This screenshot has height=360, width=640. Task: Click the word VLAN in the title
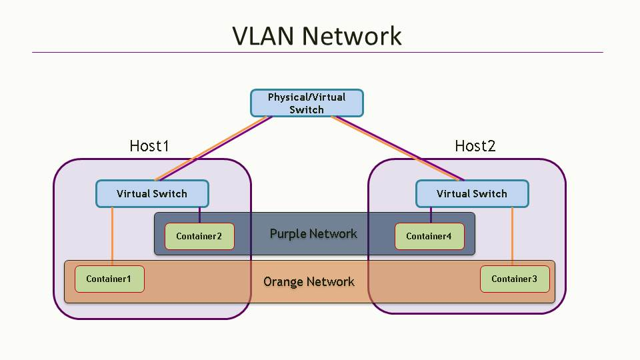pyautogui.click(x=263, y=35)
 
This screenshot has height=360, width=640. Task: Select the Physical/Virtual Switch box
pyautogui.click(x=307, y=103)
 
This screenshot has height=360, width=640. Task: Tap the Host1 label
pyautogui.click(x=149, y=146)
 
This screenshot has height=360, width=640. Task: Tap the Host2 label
pyautogui.click(x=475, y=146)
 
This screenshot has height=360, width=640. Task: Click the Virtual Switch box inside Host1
pyautogui.click(x=152, y=194)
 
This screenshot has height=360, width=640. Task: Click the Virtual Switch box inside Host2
pyautogui.click(x=472, y=194)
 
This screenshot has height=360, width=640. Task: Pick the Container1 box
pyautogui.click(x=109, y=279)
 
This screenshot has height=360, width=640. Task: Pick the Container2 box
pyautogui.click(x=199, y=236)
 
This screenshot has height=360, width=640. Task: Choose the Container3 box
pyautogui.click(x=515, y=279)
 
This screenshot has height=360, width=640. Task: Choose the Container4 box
pyautogui.click(x=429, y=236)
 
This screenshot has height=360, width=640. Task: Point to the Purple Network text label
pyautogui.click(x=313, y=234)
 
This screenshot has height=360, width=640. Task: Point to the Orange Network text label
pyautogui.click(x=309, y=281)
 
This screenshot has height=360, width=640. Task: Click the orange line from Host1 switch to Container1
pyautogui.click(x=112, y=237)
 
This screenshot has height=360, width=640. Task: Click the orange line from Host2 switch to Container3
pyautogui.click(x=513, y=237)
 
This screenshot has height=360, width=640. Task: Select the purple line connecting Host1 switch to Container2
pyautogui.click(x=200, y=215)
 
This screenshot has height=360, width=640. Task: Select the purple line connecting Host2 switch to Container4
pyautogui.click(x=431, y=215)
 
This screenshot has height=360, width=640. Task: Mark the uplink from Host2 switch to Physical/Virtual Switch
pyautogui.click(x=398, y=149)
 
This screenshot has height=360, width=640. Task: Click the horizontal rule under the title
pyautogui.click(x=317, y=52)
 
